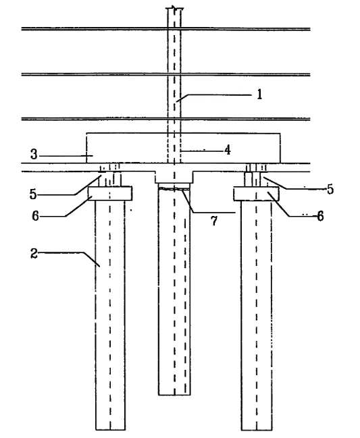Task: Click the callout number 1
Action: (x=259, y=94)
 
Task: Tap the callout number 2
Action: (x=34, y=254)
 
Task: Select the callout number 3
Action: (x=34, y=154)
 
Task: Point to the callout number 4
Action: (x=228, y=150)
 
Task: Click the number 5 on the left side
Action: (x=33, y=194)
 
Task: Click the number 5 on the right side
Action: (x=330, y=190)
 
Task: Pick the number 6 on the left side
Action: (x=35, y=216)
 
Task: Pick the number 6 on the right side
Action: (x=320, y=216)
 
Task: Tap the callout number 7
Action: (x=214, y=221)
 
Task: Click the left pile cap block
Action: (x=110, y=194)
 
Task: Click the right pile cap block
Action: (x=257, y=194)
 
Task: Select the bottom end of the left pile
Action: (x=110, y=430)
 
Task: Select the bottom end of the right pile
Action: (x=257, y=430)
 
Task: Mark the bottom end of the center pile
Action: (x=174, y=395)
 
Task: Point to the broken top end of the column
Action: (x=174, y=8)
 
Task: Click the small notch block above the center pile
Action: (x=174, y=177)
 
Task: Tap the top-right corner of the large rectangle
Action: (x=280, y=134)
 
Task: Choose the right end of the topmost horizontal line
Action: (x=310, y=29)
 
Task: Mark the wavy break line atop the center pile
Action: (x=174, y=189)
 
